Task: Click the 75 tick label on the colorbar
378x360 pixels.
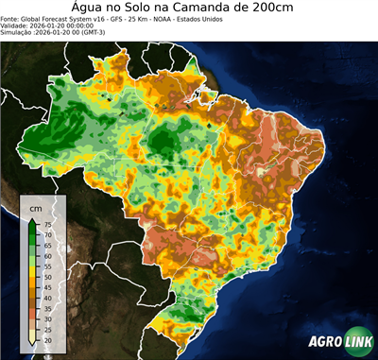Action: click(x=47, y=223)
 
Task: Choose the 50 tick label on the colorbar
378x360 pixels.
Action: click(x=47, y=277)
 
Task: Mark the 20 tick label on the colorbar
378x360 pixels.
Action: click(x=47, y=340)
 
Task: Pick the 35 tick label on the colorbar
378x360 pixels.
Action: click(x=47, y=308)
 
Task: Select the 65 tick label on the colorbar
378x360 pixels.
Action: click(x=47, y=245)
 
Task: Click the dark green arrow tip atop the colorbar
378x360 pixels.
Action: click(x=32, y=219)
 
